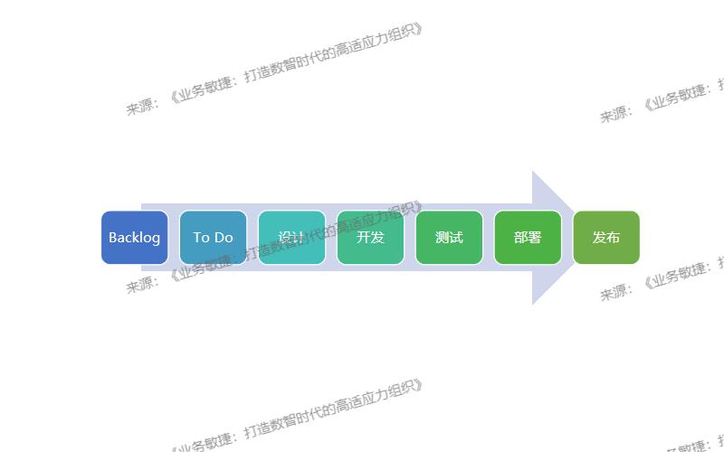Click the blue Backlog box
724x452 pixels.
pos(134,238)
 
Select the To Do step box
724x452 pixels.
pos(213,238)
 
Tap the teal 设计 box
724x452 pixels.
pos(291,238)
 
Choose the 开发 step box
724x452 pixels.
pos(370,238)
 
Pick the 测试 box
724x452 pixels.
pos(449,238)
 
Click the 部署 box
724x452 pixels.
pos(528,238)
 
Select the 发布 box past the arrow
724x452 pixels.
pos(606,238)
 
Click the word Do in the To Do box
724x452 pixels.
pos(224,238)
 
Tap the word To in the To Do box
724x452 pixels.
pos(201,238)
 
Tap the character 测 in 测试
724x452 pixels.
pos(443,238)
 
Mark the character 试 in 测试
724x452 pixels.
pos(456,238)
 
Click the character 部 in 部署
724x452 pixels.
pos(521,238)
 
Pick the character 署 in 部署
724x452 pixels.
pos(535,238)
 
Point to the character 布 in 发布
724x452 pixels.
pos(614,238)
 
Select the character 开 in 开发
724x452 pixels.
pos(363,238)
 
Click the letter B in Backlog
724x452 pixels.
pos(113,238)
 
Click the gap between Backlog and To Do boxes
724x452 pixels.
pos(174,238)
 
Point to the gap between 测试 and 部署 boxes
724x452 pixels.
pos(489,238)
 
